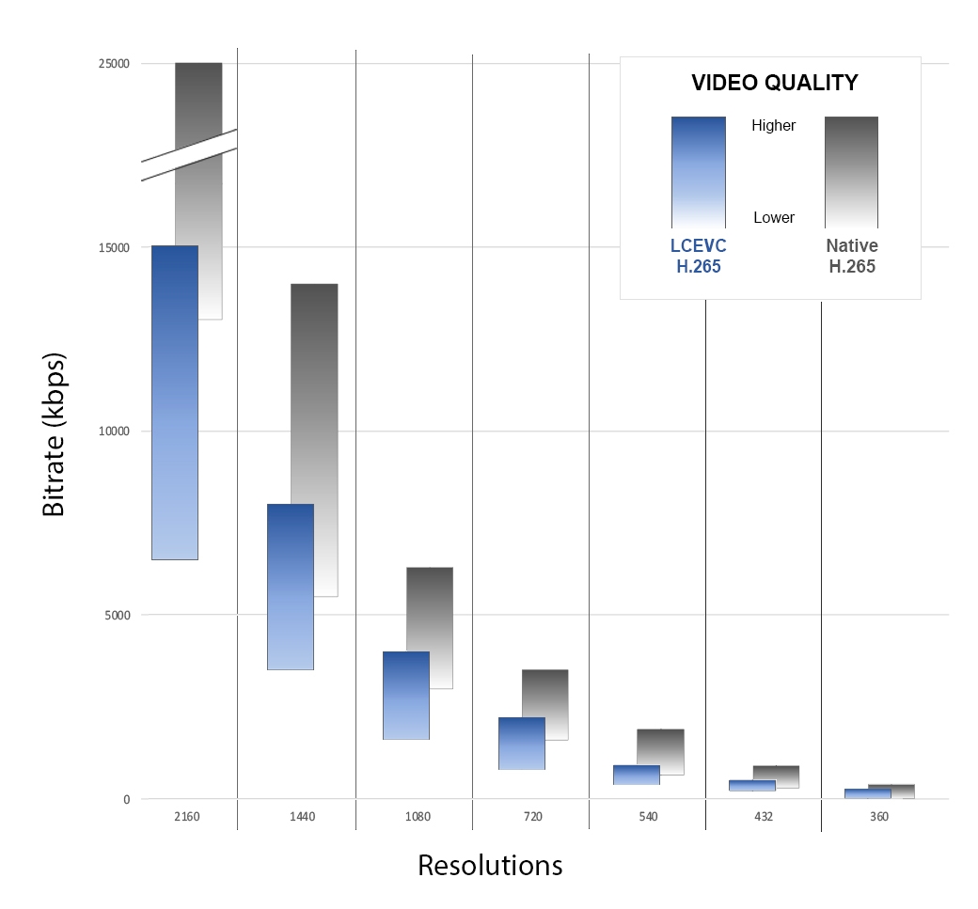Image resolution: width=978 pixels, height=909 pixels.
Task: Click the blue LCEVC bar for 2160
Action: [175, 402]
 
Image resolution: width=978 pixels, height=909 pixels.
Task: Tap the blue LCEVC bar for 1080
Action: [406, 695]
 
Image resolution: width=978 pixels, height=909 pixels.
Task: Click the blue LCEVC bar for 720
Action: [522, 743]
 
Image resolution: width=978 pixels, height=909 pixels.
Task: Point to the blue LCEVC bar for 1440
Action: [291, 587]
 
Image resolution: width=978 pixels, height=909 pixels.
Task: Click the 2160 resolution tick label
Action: [186, 817]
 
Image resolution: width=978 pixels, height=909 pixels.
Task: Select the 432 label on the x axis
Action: [763, 817]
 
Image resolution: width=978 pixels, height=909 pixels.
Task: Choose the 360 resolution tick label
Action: [878, 817]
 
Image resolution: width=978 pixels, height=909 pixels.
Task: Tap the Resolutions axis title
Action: [490, 866]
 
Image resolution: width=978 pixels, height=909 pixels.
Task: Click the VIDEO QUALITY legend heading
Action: [774, 83]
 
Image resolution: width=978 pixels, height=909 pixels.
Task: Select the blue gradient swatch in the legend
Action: [698, 172]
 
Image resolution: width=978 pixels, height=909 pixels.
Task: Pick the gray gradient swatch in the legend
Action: [851, 172]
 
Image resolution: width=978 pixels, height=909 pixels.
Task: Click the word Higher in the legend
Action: [774, 126]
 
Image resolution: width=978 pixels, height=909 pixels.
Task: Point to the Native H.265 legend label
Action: [852, 256]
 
